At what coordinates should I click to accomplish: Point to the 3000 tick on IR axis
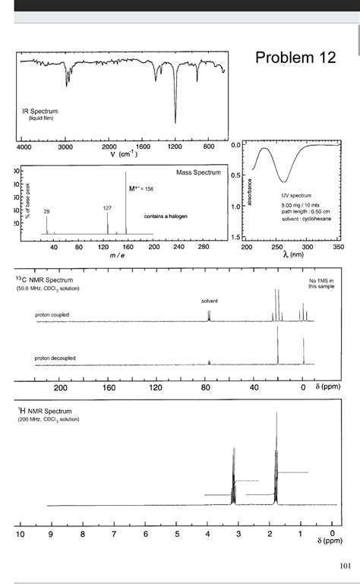pyautogui.click(x=65, y=147)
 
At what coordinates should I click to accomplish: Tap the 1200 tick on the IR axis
pyautogui.click(x=175, y=147)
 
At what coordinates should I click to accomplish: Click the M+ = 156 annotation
pyautogui.click(x=141, y=188)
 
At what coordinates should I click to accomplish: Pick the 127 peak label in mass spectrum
pyautogui.click(x=107, y=207)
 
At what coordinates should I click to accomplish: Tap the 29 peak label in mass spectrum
pyautogui.click(x=47, y=210)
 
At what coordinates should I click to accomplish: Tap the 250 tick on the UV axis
pyautogui.click(x=277, y=247)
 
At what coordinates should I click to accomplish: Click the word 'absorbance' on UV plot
pyautogui.click(x=259, y=191)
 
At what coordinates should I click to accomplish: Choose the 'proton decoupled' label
pyautogui.click(x=55, y=358)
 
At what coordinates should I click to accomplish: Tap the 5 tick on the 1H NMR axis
pyautogui.click(x=176, y=535)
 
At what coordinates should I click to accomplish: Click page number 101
pyautogui.click(x=345, y=565)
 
